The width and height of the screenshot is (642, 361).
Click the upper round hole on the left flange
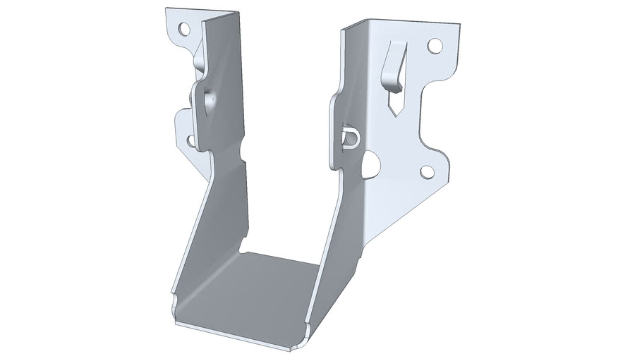coord(184,30)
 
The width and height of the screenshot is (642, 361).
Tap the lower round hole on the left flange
coord(191,140)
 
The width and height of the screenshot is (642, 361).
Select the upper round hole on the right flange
coord(435,46)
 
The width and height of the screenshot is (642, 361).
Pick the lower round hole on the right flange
coord(427,171)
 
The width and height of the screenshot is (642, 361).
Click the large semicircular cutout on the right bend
coord(370,165)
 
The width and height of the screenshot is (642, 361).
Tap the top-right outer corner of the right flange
coord(459,25)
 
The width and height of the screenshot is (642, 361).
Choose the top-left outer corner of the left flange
coord(167,10)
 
